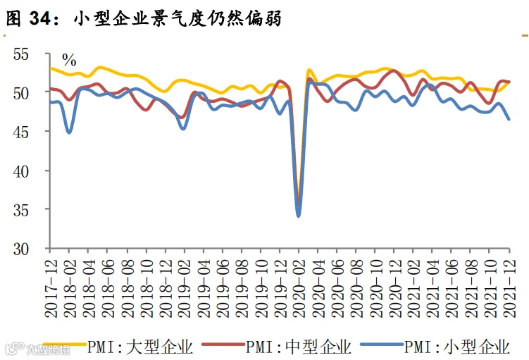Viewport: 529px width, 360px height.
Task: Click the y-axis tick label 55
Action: tap(21, 54)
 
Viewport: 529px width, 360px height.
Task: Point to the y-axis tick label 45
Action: tap(21, 132)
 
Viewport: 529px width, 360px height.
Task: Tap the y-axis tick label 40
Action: tap(21, 171)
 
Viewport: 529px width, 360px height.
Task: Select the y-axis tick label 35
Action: tap(21, 211)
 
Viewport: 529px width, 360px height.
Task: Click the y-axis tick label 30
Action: tap(21, 249)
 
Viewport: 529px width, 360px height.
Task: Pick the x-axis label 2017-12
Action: tap(51, 288)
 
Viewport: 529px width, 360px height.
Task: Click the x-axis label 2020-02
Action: tap(299, 288)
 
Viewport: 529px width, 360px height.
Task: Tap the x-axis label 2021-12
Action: tap(510, 288)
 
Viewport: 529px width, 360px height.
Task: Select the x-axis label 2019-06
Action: tap(223, 288)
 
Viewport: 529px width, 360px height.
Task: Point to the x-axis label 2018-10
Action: tap(147, 288)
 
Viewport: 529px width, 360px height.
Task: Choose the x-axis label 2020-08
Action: tap(356, 288)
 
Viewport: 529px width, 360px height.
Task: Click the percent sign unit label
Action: tap(69, 61)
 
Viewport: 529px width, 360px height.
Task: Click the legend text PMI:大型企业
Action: tap(140, 347)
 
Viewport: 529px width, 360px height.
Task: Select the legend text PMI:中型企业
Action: tap(299, 347)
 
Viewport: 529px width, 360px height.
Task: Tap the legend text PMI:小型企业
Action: tap(457, 347)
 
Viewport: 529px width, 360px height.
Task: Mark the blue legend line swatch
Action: tap(382, 345)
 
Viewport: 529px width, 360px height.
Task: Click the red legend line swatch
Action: tap(223, 345)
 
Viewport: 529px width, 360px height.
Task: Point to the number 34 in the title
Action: tap(40, 18)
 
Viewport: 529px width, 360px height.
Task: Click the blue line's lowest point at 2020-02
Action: tap(298, 216)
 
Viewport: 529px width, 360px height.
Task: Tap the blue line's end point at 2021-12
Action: tap(509, 119)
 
